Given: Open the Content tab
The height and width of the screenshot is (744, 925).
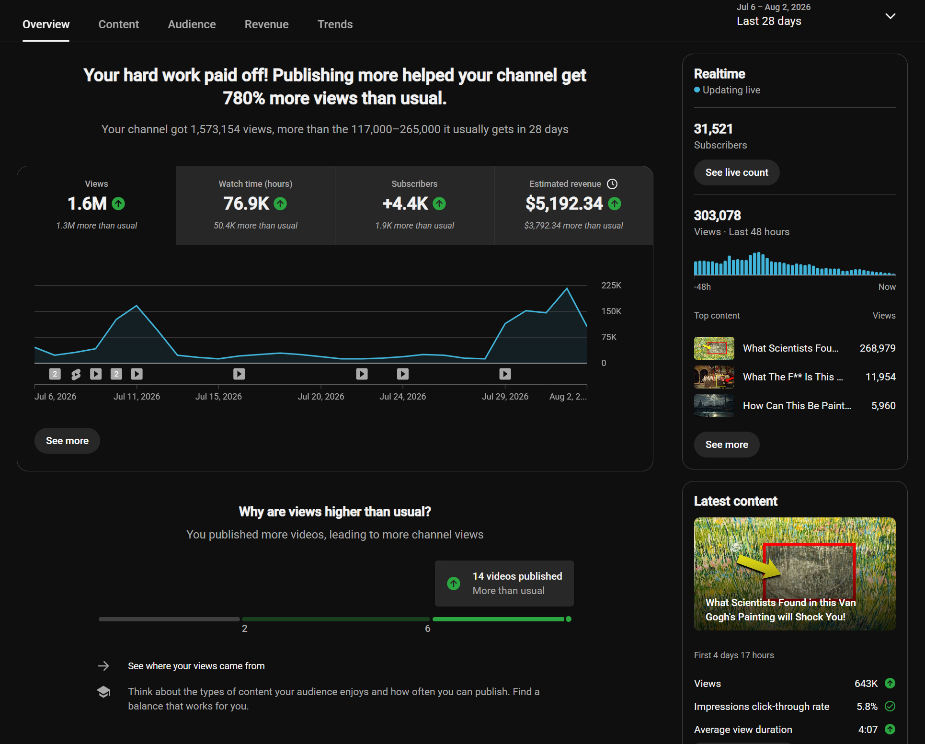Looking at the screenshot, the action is tap(118, 24).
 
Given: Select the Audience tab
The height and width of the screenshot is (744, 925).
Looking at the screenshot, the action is tap(192, 24).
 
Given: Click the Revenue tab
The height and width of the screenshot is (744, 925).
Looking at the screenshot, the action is tap(266, 24).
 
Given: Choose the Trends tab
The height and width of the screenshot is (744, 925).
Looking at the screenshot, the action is tap(335, 24).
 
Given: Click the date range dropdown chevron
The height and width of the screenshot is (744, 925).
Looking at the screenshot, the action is tap(890, 16).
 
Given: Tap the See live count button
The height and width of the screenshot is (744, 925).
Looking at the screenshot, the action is tap(737, 172).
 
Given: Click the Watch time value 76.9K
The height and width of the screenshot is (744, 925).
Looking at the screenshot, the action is tap(246, 204).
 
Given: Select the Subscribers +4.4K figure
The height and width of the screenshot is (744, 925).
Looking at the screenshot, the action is tap(405, 204).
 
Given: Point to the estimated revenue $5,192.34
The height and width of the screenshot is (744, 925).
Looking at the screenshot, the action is tap(564, 204).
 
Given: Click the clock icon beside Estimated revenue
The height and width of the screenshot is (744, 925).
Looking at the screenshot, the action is tap(612, 184).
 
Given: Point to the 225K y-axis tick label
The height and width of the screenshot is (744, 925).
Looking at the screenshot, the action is tap(611, 286).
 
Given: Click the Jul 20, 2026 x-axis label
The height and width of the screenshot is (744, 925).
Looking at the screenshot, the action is tap(321, 397).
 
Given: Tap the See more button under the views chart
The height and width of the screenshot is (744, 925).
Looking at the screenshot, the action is tap(67, 441).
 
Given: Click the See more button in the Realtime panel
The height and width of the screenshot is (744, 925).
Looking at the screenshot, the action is tap(727, 445).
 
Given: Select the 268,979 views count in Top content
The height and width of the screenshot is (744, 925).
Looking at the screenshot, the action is tap(878, 348).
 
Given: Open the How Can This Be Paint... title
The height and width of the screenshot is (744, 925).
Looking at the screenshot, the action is tap(797, 406).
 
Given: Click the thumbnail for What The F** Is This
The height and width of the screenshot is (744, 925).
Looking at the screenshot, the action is tap(714, 377).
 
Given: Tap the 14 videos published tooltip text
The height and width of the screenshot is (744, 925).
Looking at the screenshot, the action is tap(517, 576).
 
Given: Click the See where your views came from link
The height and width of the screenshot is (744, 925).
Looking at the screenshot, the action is tap(196, 666).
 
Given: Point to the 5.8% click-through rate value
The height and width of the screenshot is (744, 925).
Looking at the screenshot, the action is tap(867, 707).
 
